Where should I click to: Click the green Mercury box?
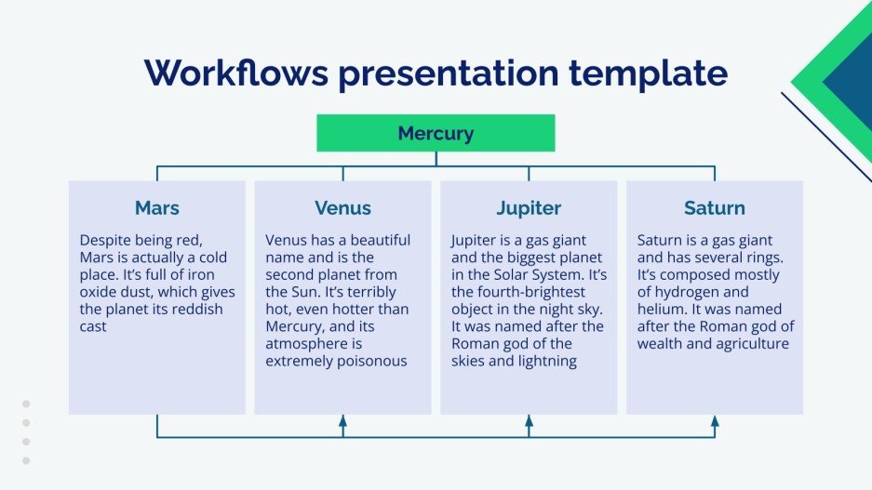coord(436,133)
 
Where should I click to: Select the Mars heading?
coord(156,207)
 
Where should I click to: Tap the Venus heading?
coord(342,207)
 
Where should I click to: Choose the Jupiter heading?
coord(529,207)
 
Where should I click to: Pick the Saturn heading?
coord(715,207)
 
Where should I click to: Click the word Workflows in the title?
coord(234,73)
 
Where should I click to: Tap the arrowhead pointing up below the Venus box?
coord(342,422)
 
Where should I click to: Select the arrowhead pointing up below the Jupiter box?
coord(529,422)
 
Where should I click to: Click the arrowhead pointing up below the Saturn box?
coord(715,422)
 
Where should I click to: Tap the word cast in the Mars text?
coord(93,327)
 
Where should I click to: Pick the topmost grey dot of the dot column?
coord(26,404)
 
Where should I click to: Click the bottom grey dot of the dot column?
coord(26,460)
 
